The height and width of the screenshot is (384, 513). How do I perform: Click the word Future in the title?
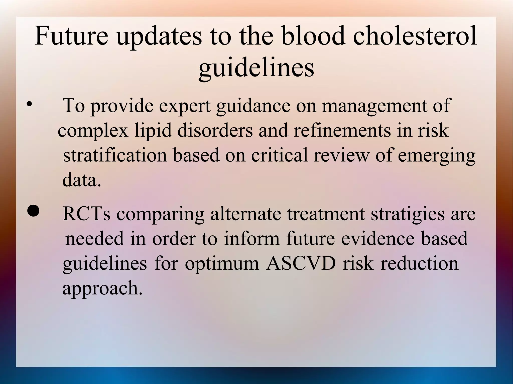tap(71, 36)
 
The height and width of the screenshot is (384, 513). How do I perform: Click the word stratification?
tap(115, 155)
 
